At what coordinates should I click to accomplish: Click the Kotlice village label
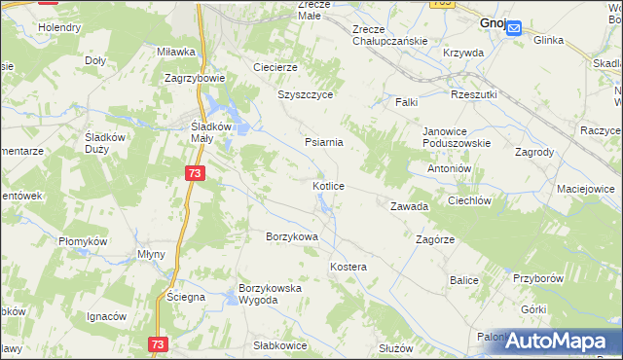327,186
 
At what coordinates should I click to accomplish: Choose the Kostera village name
348,267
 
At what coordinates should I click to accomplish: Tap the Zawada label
409,207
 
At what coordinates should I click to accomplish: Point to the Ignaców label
107,316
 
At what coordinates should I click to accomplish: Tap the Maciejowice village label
585,187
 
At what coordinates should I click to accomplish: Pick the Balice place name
464,280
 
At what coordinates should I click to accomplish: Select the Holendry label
59,27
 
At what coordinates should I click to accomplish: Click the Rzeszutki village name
474,94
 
